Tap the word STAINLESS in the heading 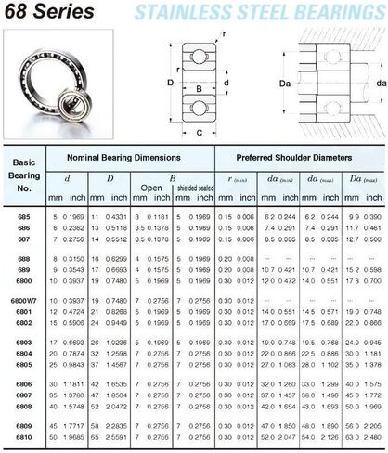coord(205,12)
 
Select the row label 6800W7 coord(23,324)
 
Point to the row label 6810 coord(25,435)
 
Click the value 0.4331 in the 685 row coord(116,217)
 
